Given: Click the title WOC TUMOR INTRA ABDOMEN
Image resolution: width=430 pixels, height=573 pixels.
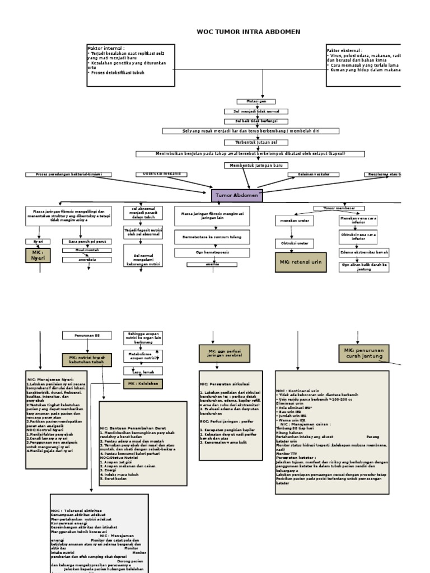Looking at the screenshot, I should [248, 32].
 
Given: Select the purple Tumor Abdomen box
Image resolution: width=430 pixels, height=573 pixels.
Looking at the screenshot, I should [237, 195].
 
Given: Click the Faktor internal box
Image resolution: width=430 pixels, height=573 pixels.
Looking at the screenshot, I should [130, 65].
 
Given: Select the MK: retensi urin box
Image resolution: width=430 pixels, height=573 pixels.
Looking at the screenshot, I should [301, 262].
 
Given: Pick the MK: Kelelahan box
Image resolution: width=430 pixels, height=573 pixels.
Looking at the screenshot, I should [143, 383].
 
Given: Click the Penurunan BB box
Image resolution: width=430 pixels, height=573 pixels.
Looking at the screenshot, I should [86, 335].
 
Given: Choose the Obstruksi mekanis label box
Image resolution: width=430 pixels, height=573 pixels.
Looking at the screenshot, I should [158, 174].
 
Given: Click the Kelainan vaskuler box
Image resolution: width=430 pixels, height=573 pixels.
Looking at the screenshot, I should [307, 175].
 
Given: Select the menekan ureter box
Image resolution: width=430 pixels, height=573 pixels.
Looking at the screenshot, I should [295, 221].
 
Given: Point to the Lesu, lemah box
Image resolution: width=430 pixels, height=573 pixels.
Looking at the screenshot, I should [143, 370].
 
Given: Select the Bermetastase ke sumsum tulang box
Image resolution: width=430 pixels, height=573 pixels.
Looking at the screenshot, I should [212, 237].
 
